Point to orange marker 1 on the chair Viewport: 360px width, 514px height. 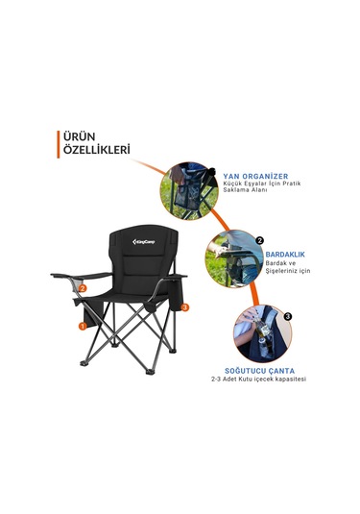(x=83, y=326)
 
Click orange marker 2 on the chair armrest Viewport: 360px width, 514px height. (x=84, y=286)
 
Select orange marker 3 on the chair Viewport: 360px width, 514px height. (x=184, y=306)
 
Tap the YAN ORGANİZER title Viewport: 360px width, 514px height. (x=255, y=177)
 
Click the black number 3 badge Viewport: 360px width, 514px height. (x=287, y=315)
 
